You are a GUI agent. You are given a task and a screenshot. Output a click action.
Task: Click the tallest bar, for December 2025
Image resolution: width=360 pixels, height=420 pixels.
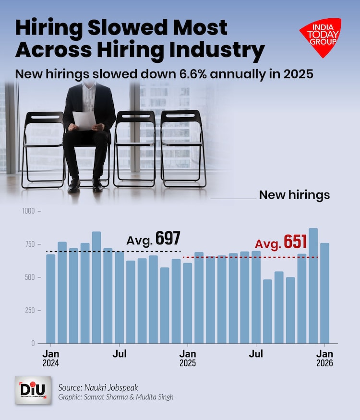point(313,286)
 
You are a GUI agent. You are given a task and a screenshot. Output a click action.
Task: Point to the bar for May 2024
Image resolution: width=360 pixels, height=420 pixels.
point(96,288)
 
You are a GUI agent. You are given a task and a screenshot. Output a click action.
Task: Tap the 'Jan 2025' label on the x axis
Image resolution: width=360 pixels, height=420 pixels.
point(188,359)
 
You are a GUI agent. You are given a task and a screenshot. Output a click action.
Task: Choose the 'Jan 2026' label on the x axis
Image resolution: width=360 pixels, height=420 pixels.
point(324,359)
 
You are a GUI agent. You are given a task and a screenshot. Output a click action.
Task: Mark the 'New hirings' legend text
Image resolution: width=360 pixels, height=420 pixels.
point(294,195)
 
